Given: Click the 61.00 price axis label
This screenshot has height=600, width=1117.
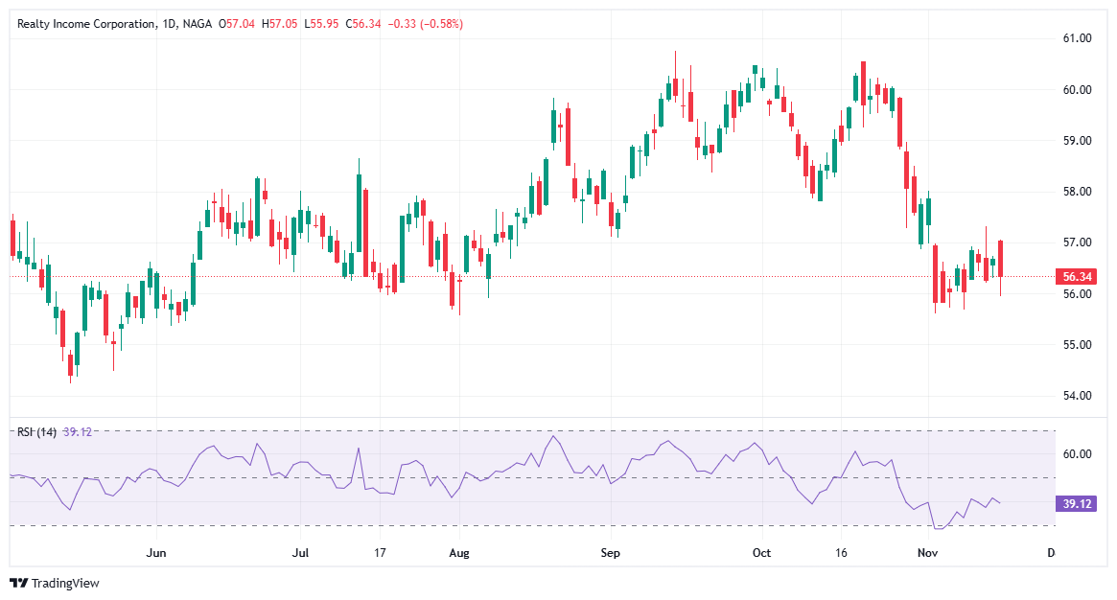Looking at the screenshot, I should tap(1079, 38).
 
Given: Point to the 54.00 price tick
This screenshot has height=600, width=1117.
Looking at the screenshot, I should tap(1079, 395).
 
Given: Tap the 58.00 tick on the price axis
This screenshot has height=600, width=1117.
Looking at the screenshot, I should tap(1079, 192).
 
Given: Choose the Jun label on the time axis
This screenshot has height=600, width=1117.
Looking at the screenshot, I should tap(156, 553).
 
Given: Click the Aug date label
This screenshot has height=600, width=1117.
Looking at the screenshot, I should tap(459, 553).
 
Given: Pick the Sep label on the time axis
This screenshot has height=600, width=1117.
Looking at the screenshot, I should tap(611, 553).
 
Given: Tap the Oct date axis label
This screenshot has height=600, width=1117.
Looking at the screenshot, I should tap(761, 553).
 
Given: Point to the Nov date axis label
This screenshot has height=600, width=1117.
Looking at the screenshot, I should tap(926, 553).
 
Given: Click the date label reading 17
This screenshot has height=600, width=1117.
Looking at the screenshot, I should tap(380, 553).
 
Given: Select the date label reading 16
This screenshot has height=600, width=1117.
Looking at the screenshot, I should tap(842, 553).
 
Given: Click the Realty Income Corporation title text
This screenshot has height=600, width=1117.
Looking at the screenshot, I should tap(85, 24).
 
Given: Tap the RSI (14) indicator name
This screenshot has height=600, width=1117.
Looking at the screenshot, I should tap(36, 432).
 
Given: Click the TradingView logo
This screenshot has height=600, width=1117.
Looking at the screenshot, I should tap(55, 583).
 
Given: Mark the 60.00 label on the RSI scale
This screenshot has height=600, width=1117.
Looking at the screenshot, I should tap(1079, 453).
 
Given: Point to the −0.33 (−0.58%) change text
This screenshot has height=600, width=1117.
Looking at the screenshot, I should tap(425, 24).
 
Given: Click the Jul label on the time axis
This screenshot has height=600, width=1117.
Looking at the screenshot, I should tap(301, 553).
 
